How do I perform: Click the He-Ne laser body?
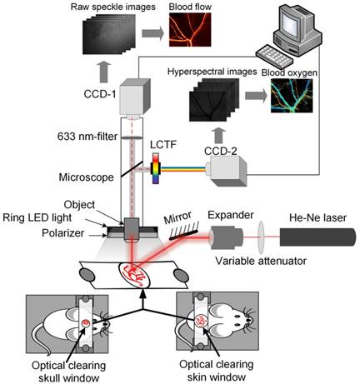pos(317,237)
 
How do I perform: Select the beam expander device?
pos(226,237)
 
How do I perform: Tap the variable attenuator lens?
pos(261,237)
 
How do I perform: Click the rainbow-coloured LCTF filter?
pos(156,168)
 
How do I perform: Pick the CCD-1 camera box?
pos(135,97)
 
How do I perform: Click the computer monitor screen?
pos(290,23)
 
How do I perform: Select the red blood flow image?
pos(190,29)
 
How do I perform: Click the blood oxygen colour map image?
pos(292,96)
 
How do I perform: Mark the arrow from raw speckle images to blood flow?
pos(152,33)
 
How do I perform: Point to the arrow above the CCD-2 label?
pos(219,135)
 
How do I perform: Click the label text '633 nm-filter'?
pos(87,137)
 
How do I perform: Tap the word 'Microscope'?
pos(86,177)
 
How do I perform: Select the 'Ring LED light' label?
pos(37,217)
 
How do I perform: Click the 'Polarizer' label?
pos(62,233)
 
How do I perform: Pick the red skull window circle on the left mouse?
pos(86,323)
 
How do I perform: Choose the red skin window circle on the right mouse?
pos(201,321)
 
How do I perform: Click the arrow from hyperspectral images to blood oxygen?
pos(256,96)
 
